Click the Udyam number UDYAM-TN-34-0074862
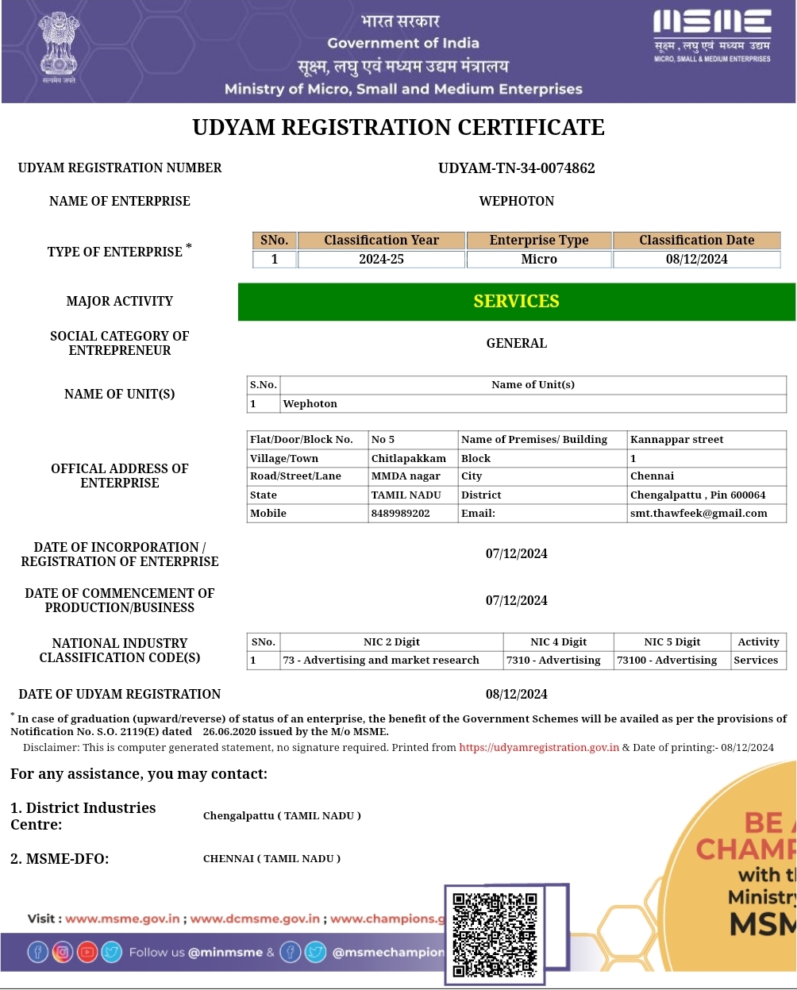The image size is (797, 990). [516, 168]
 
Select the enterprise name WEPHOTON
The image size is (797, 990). [516, 202]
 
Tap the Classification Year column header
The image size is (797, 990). [381, 241]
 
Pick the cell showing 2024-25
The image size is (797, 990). [381, 260]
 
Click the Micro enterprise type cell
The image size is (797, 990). [539, 260]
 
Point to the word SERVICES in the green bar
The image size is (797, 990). [516, 302]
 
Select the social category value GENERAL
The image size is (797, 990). [516, 344]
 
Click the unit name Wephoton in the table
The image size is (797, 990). [310, 404]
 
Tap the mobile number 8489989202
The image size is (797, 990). [401, 514]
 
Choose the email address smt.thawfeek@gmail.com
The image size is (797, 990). [699, 514]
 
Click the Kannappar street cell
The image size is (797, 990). [676, 440]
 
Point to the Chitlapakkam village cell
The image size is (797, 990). [409, 459]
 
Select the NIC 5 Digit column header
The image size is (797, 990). [672, 642]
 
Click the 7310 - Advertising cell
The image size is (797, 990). [554, 661]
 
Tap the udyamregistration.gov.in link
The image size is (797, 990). [539, 748]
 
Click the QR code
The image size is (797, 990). [495, 934]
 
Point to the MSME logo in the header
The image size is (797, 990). [712, 36]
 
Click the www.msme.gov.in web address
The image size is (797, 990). [122, 919]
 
